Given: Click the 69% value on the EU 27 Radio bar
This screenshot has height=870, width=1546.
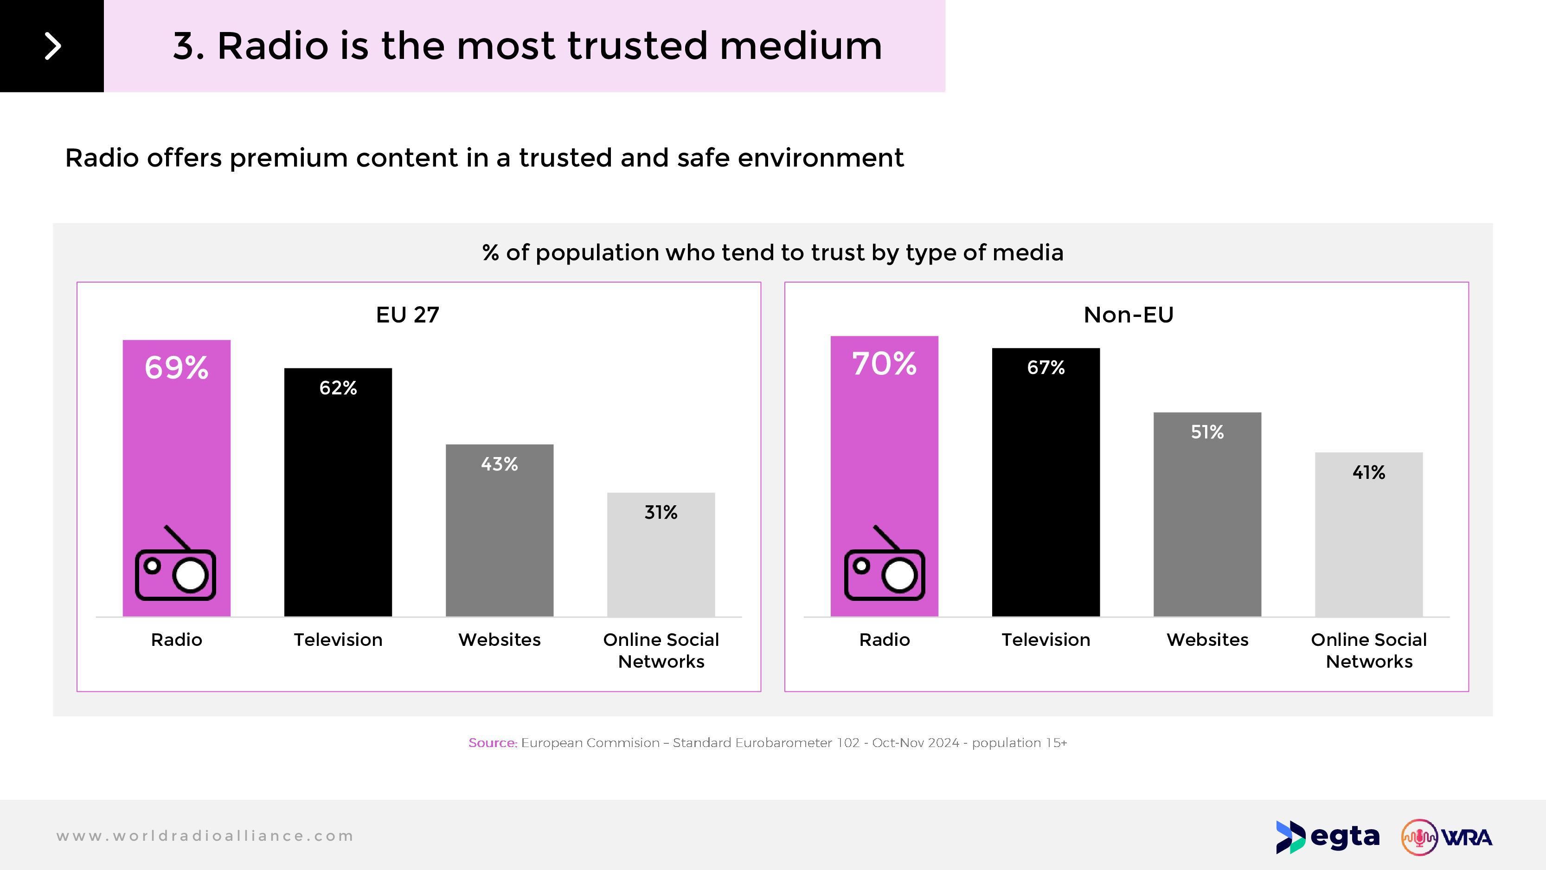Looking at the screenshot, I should click(x=176, y=367).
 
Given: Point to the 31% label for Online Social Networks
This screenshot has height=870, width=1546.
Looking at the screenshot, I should click(x=661, y=512).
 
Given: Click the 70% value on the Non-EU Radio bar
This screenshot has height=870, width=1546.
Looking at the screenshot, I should click(x=884, y=364).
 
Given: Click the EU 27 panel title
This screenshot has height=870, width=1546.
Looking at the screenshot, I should click(x=408, y=315).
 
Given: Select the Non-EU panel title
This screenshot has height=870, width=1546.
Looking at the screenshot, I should click(x=1128, y=315).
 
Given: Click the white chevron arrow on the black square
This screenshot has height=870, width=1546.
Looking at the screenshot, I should click(x=53, y=46).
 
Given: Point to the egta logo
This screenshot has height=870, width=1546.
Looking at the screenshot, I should click(x=1328, y=837).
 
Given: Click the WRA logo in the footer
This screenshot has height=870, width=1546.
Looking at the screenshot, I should click(x=1446, y=837).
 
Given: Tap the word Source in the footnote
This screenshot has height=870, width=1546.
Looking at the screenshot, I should click(x=492, y=743).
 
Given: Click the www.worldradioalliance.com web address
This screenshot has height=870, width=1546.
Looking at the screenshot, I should click(x=205, y=836).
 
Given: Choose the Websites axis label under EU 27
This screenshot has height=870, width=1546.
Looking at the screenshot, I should click(x=499, y=639).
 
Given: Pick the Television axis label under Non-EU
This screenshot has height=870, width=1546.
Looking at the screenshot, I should click(x=1046, y=639).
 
